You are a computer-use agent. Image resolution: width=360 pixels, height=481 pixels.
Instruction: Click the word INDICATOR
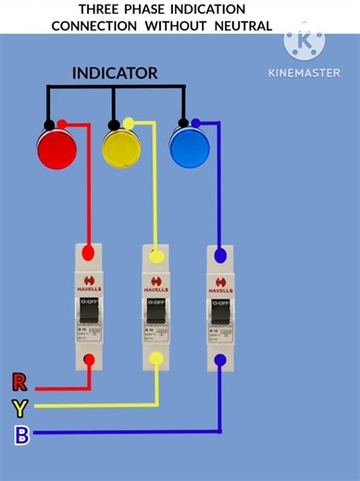[x=115, y=72]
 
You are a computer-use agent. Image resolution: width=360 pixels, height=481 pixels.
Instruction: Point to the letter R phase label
[x=19, y=382]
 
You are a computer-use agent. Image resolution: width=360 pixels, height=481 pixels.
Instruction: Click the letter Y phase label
[x=20, y=407]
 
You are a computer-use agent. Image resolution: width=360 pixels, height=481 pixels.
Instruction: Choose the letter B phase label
[x=21, y=435]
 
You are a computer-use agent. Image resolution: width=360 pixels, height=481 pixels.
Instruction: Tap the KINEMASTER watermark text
[x=304, y=72]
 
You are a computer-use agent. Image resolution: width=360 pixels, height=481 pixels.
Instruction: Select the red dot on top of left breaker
[x=89, y=252]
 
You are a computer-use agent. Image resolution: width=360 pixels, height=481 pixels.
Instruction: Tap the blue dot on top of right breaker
[x=220, y=253]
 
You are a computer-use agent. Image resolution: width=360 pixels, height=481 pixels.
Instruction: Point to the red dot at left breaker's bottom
[x=89, y=360]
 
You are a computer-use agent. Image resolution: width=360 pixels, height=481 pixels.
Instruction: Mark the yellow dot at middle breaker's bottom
[x=156, y=361]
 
